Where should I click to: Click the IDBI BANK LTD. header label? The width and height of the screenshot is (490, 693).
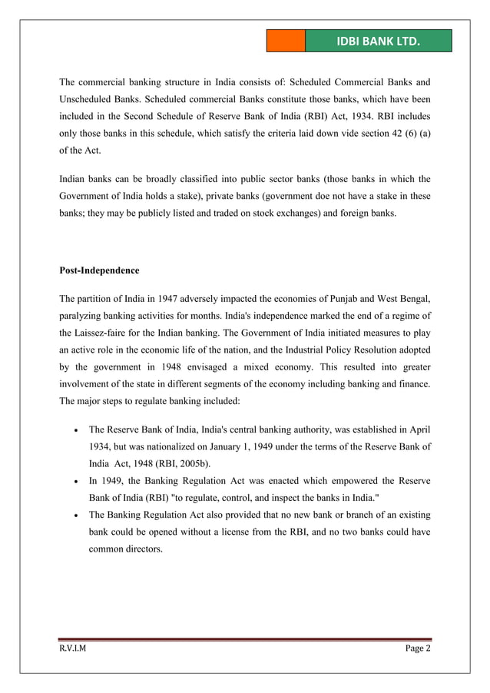378,41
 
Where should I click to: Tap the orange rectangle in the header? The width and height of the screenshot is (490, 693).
286,41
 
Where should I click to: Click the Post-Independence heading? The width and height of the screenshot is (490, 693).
99,270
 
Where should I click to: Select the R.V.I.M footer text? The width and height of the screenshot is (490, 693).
74,649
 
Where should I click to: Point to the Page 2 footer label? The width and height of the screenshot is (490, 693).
418,649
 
